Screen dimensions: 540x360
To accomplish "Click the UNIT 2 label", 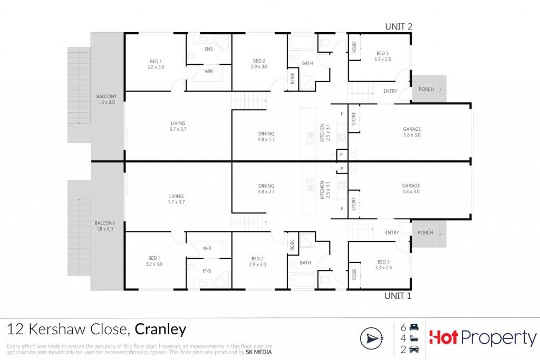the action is [399, 26].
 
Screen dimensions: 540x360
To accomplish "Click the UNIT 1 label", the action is [398, 296].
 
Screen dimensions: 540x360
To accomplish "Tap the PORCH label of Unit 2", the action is [426, 89].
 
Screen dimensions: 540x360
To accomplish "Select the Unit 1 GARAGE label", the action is [411, 186].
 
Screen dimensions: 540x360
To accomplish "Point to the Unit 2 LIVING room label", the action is [178, 123].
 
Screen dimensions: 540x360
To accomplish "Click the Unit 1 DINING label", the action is [266, 186].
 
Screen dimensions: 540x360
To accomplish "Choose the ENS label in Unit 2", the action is [209, 49].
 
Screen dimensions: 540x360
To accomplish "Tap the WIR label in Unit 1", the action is [207, 248].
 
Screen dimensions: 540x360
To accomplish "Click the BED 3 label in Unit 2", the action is [383, 53].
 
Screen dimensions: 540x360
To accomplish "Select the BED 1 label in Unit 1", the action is [155, 258].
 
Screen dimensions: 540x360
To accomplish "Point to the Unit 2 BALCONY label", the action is [107, 96].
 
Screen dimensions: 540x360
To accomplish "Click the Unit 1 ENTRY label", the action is [392, 232].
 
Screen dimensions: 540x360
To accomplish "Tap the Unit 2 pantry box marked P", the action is [342, 155].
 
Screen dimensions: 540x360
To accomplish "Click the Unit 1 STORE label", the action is [354, 204].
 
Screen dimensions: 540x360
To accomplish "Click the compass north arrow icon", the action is [372, 339].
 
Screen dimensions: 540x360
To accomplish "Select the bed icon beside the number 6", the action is [414, 327].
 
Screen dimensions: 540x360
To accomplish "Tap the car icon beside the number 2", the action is [414, 349].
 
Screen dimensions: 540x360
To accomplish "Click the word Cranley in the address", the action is [160, 330].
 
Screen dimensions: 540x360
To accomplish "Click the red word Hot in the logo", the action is [443, 337].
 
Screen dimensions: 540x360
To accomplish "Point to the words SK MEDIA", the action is [258, 352].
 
